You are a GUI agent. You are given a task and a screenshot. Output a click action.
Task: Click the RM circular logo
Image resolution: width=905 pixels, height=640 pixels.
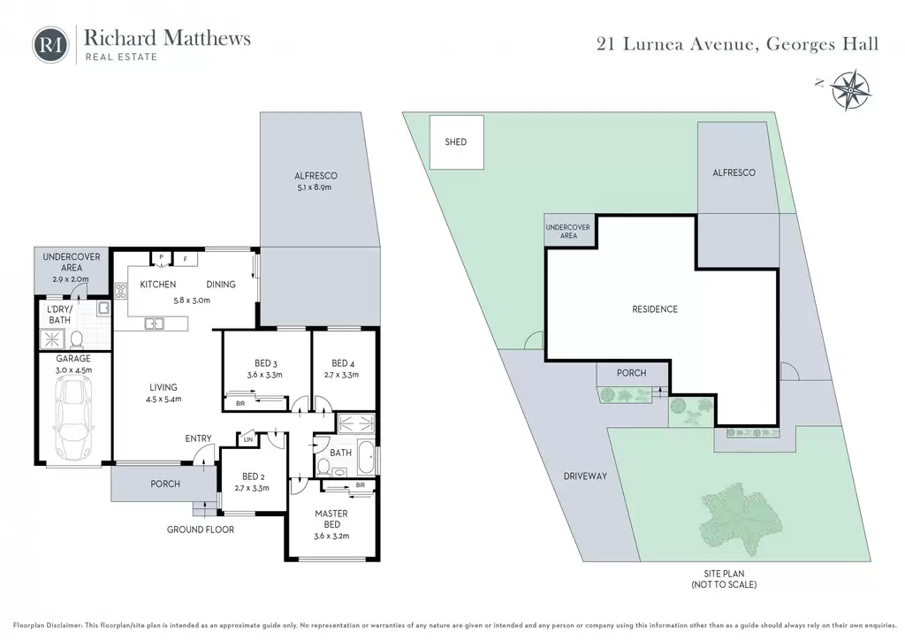click(x=50, y=45)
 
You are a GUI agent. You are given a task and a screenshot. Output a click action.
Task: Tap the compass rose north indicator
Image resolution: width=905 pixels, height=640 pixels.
click(x=851, y=90)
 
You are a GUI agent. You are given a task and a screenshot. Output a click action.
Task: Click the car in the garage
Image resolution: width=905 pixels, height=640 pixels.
click(x=74, y=416)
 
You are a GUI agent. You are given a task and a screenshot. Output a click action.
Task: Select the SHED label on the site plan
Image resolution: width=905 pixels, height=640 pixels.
click(x=456, y=142)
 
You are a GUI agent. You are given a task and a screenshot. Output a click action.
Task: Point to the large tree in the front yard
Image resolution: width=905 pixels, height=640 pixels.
click(x=741, y=520)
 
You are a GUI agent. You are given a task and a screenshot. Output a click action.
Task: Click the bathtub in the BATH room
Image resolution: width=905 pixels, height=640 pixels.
click(x=365, y=456)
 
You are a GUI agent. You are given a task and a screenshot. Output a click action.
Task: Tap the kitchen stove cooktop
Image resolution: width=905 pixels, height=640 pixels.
click(x=120, y=290)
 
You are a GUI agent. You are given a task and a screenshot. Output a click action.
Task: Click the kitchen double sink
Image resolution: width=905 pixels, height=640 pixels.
click(x=154, y=324)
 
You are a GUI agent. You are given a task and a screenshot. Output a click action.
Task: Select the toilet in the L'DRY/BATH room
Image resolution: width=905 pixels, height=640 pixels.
click(x=77, y=340)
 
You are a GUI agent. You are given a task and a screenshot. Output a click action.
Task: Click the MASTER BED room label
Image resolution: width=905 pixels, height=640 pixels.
click(x=331, y=519)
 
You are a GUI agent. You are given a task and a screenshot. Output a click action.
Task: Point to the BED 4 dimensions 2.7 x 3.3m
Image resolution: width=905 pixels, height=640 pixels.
click(x=342, y=375)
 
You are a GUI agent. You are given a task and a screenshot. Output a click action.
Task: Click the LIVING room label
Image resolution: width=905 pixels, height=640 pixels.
click(x=164, y=387)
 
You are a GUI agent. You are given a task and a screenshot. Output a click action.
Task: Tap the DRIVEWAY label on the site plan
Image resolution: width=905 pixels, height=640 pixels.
click(x=585, y=476)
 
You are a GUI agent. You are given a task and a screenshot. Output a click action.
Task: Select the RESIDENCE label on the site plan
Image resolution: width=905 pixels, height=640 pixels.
click(x=655, y=309)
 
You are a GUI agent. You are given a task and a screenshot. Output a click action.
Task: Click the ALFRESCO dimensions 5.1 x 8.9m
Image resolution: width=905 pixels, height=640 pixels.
click(x=316, y=187)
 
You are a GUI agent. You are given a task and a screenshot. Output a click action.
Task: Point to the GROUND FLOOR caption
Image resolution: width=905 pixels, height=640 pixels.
click(x=201, y=530)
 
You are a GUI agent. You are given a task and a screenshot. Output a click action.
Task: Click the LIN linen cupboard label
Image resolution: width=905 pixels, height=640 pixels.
click(x=248, y=439)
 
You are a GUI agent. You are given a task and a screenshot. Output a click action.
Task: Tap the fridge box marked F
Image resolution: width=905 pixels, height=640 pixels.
click(x=186, y=259)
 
